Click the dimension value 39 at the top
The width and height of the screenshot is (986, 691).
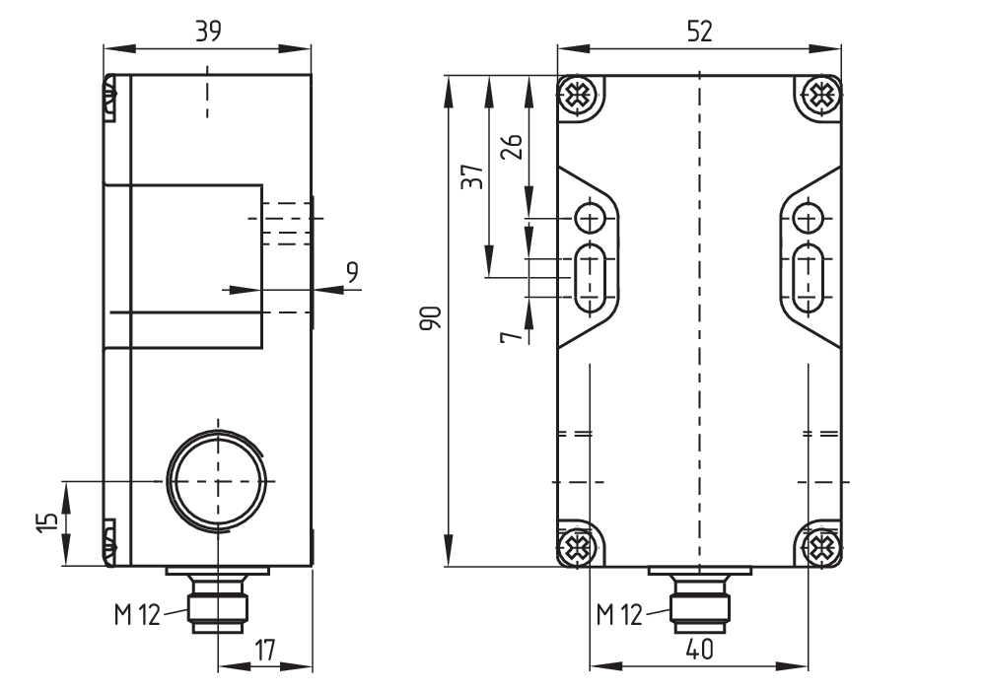click(208, 31)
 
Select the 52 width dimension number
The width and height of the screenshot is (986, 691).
click(699, 31)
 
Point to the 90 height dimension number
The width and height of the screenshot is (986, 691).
click(431, 318)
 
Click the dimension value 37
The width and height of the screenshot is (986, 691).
click(473, 176)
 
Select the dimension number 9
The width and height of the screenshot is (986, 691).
click(352, 272)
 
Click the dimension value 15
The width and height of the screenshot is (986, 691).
click(47, 522)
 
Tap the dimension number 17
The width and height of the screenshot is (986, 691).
click(265, 651)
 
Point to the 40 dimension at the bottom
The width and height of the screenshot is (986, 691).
click(699, 649)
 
